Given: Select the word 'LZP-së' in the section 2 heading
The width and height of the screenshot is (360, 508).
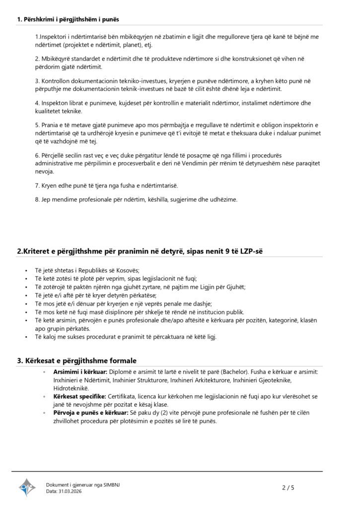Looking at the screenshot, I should coord(250,251).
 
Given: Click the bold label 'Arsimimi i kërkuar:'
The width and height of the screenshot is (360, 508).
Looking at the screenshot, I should coord(79,372).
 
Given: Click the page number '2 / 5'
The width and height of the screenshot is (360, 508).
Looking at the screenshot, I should coord(288,488).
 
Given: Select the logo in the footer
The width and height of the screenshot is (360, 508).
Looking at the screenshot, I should coord(27,488).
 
